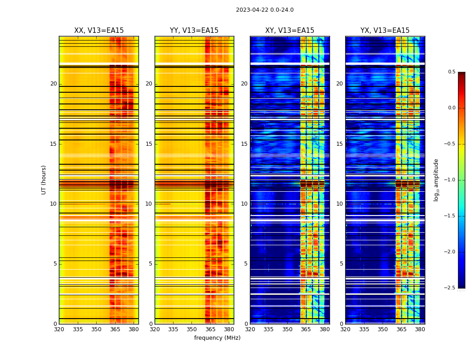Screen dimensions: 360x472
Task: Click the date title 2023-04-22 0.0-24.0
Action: (x=265, y=10)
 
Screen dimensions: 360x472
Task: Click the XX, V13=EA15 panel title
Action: (x=99, y=31)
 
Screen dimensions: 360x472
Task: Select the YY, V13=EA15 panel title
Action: (x=194, y=31)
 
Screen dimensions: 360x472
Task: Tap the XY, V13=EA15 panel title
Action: (x=289, y=31)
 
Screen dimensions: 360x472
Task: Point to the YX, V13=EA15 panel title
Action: (x=385, y=31)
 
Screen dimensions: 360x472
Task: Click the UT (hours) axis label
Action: (x=44, y=180)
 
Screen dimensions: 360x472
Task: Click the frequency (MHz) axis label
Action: (x=217, y=338)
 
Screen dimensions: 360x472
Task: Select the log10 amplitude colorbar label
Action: (x=436, y=180)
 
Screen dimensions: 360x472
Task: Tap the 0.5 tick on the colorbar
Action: (x=451, y=72)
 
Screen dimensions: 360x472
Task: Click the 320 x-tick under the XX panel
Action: (x=59, y=329)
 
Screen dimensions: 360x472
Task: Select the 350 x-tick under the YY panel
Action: (x=192, y=329)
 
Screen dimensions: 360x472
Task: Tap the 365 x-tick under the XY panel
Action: (x=306, y=329)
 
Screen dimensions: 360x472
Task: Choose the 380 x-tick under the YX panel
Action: (x=420, y=329)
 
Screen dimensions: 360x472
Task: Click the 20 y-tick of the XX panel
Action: (x=53, y=84)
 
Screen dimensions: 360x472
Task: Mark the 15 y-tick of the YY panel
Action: (x=149, y=144)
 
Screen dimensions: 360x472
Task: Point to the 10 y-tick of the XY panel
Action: (x=244, y=204)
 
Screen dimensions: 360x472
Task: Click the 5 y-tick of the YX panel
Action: (x=341, y=264)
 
